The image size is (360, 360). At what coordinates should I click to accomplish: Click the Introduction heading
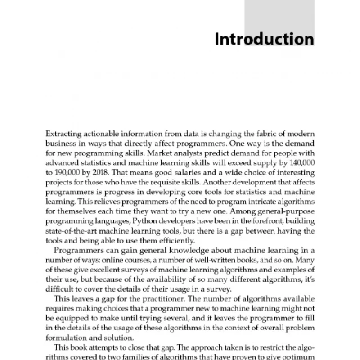pos(264,39)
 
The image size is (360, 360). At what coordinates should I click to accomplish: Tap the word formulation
pos(65,333)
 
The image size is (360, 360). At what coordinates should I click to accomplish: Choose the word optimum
pos(299,356)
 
